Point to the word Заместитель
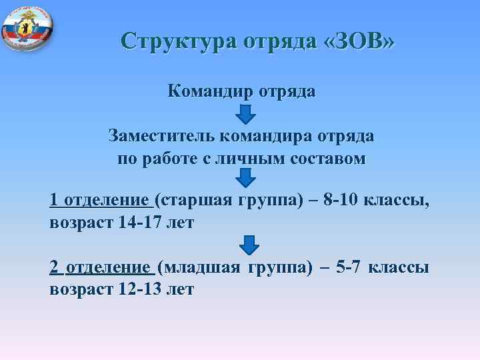point(158,136)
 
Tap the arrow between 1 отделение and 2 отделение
point(249,245)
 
